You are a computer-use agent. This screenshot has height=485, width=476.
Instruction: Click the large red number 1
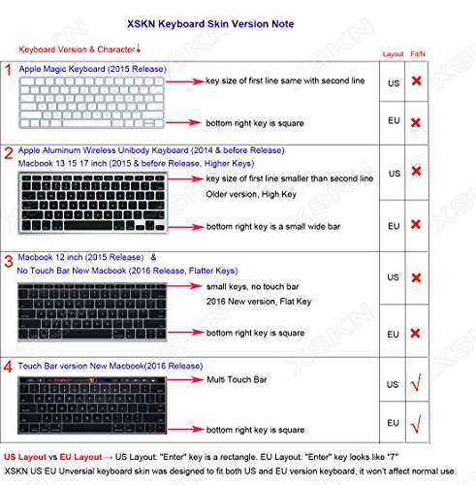tap(9, 70)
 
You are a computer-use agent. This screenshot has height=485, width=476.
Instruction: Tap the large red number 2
tap(9, 153)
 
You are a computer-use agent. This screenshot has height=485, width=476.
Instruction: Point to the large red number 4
tap(9, 367)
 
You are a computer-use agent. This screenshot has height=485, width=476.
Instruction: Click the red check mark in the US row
tap(418, 387)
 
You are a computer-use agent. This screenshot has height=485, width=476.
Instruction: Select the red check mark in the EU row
tap(418, 424)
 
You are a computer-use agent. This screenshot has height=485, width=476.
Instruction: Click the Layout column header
tap(393, 54)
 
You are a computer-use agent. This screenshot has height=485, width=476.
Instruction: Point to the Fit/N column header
tap(418, 54)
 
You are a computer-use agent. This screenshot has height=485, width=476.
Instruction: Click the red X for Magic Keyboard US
tap(418, 82)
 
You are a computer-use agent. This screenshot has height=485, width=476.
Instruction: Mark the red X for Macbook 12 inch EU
tap(418, 333)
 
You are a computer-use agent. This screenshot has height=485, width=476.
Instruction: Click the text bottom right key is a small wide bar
tap(280, 226)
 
